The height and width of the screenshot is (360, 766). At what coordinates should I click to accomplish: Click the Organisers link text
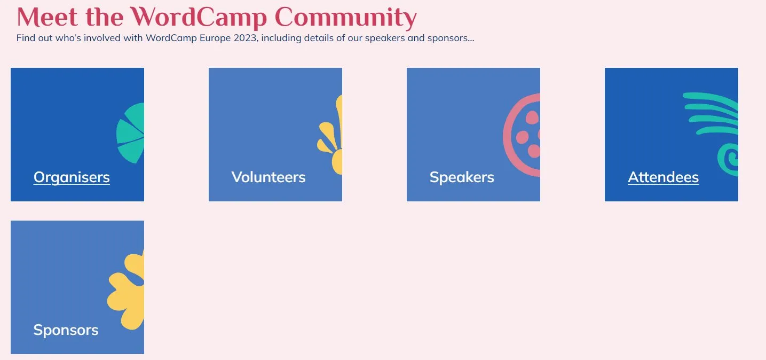coord(72,177)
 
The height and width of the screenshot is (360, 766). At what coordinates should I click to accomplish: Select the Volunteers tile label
coord(269,177)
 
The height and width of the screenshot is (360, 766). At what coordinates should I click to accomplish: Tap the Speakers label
coord(462,177)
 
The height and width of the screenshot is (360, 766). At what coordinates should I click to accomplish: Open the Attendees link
coord(663,177)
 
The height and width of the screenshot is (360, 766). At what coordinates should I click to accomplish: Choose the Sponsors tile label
coord(66,330)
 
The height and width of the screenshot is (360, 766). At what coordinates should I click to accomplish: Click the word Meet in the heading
coord(47,17)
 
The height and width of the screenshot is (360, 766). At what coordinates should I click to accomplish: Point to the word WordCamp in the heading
coord(199,18)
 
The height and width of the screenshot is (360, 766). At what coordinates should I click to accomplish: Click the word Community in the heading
coord(346,18)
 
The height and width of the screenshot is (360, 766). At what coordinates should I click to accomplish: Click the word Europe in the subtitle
coord(215,38)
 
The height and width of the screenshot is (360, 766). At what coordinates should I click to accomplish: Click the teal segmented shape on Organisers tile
coord(130,133)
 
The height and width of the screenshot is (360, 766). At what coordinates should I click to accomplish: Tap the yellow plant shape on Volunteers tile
coord(330,135)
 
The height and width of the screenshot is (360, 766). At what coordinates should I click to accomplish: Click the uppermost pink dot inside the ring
coord(532,118)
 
